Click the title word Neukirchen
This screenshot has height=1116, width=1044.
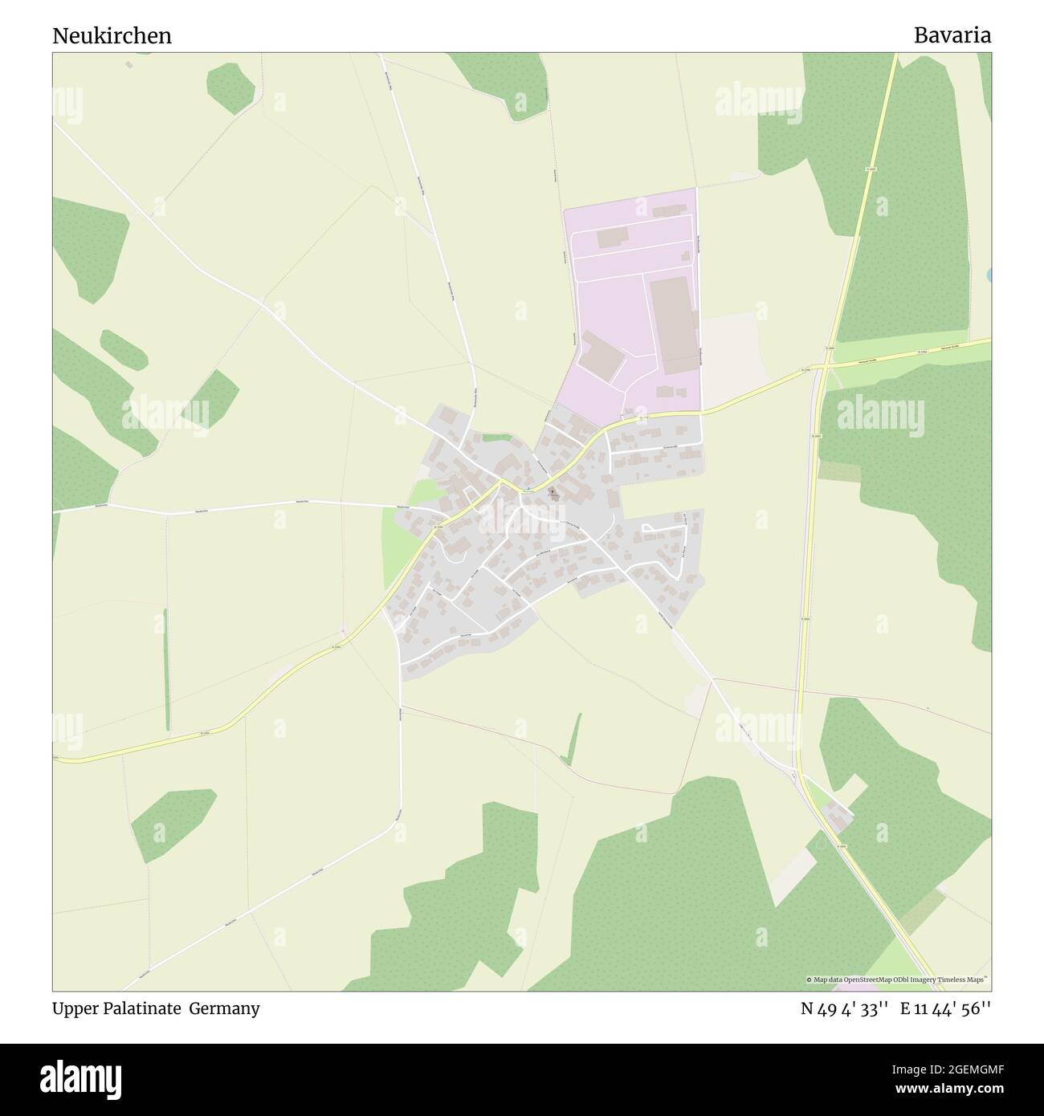(112, 35)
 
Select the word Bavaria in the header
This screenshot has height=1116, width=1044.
(952, 35)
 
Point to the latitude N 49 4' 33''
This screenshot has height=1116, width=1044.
(844, 1009)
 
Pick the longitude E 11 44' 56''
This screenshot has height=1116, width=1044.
(945, 1009)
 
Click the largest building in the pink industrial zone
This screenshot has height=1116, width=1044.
(673, 325)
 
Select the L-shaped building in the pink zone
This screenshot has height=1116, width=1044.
(602, 358)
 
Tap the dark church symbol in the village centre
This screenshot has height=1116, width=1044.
(553, 492)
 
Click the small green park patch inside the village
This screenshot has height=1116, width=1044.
(497, 438)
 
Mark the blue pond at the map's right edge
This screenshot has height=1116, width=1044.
(989, 275)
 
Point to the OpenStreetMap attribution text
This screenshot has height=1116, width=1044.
(897, 980)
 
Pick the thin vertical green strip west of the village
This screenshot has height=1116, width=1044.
(166, 669)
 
